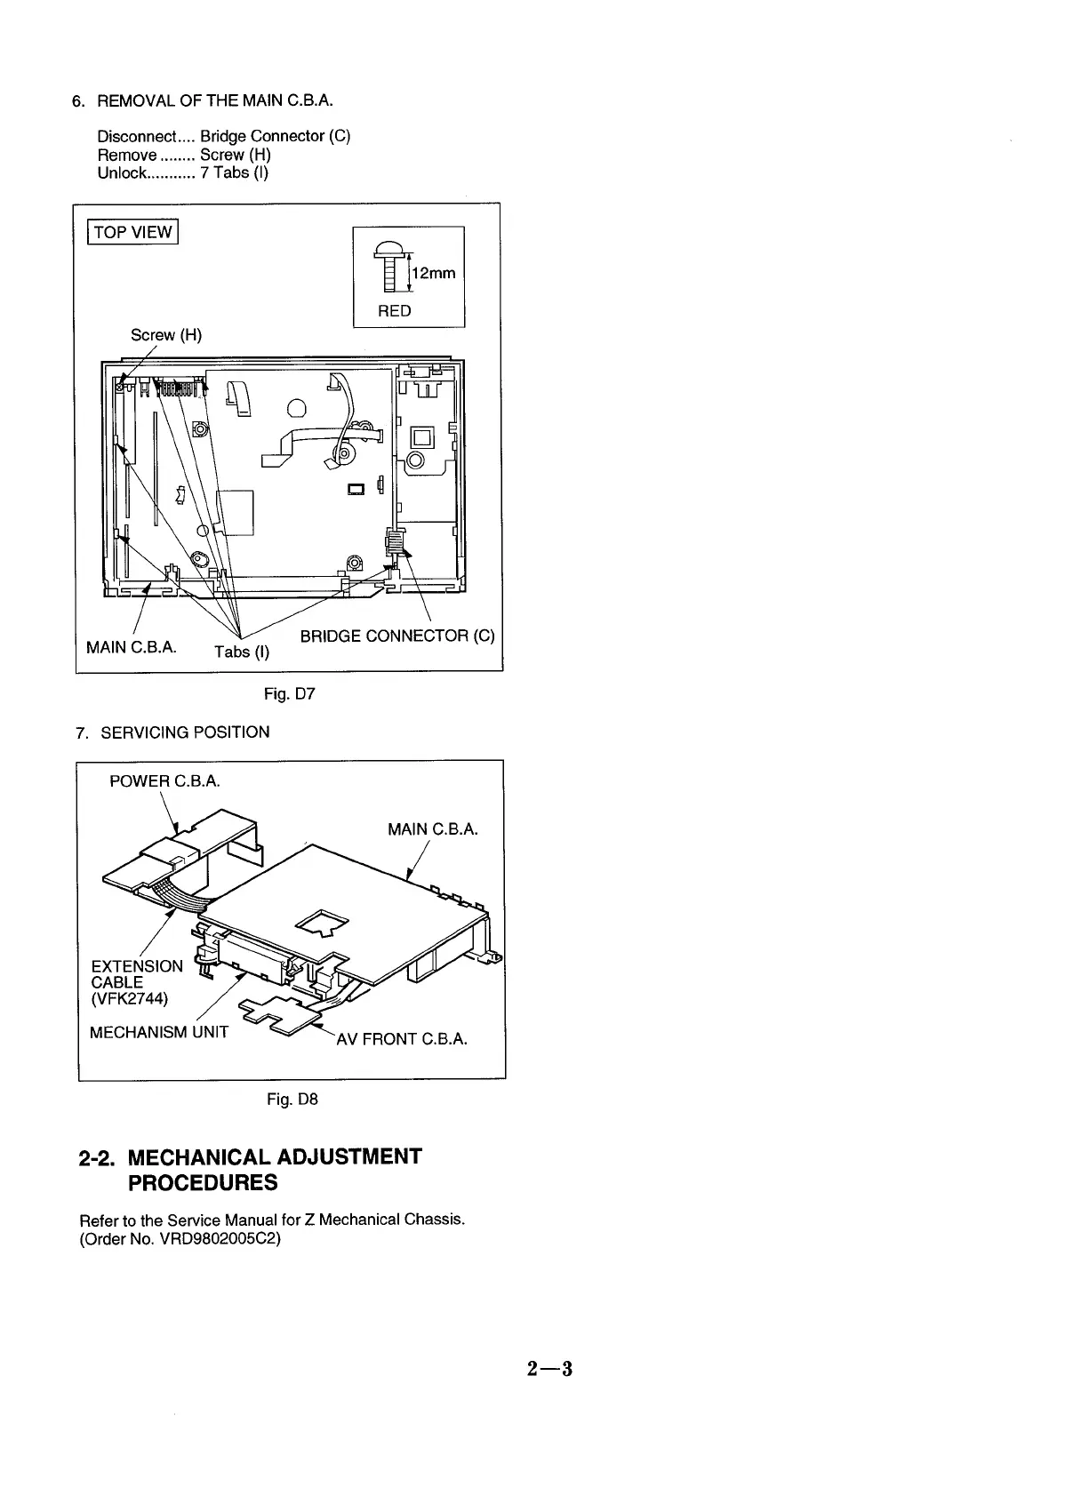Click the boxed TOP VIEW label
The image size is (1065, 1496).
pos(132,233)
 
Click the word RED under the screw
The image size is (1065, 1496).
pos(395,311)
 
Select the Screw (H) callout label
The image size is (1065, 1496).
pos(166,335)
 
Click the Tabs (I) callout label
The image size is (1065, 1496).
pos(242,652)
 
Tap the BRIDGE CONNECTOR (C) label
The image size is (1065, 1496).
pos(396,636)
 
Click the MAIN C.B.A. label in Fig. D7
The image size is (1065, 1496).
pos(132,647)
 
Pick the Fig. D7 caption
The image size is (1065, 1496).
pos(289,693)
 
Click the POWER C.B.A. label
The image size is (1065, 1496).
pos(164,781)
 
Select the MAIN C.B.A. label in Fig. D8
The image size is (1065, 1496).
pos(433,829)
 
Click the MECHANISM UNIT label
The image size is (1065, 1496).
pos(159,1032)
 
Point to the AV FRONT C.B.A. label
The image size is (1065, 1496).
pos(401,1039)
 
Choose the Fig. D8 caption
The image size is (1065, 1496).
pos(292,1100)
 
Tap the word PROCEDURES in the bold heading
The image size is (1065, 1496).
pos(203,1183)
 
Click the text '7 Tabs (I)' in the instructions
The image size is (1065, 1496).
pos(234,172)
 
